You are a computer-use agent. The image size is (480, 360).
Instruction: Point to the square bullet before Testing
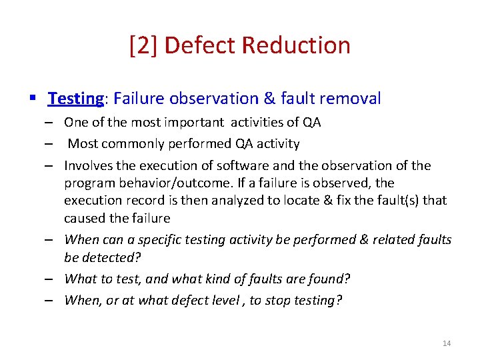click(33, 99)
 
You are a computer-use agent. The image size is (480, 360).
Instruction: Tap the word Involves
click(88, 165)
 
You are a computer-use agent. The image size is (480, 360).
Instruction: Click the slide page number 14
click(447, 343)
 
